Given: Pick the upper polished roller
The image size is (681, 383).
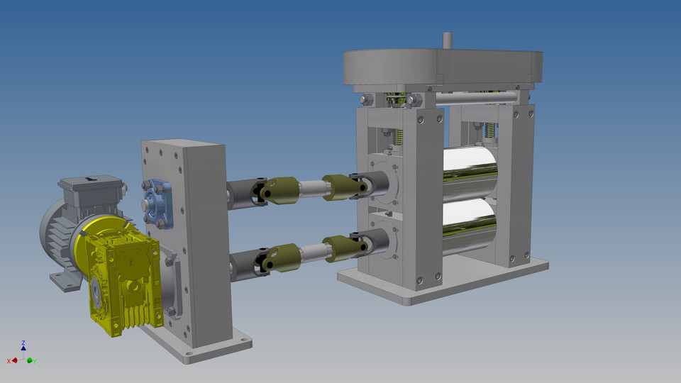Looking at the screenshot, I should click(468, 170).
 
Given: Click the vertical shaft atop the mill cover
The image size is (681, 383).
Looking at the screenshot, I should click(447, 40).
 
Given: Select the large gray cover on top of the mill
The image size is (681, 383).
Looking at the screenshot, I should click(440, 67).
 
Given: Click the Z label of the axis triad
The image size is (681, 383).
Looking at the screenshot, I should click(23, 343).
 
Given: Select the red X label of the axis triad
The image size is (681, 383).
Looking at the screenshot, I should click(9, 361).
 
